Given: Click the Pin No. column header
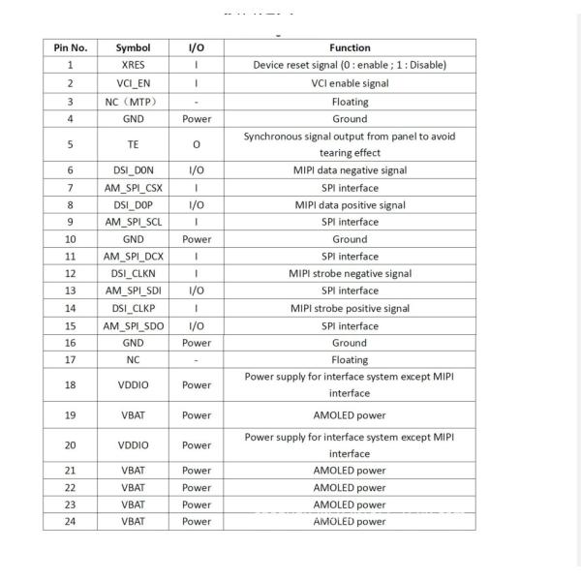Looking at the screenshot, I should (x=70, y=47).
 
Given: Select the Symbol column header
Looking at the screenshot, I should (x=133, y=47).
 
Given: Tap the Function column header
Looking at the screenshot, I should (x=349, y=47).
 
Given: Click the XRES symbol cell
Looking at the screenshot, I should (x=133, y=65).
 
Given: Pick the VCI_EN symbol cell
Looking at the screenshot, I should (x=133, y=83).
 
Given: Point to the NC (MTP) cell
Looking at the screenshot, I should (x=133, y=102).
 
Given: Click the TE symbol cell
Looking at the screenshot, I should (x=133, y=144).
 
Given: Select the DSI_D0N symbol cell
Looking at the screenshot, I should (x=133, y=170).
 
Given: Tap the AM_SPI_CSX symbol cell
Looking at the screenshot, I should (x=133, y=188).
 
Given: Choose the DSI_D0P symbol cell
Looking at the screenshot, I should (x=133, y=205).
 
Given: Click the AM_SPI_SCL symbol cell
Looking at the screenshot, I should (x=133, y=222).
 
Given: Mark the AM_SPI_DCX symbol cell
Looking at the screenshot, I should (x=133, y=257).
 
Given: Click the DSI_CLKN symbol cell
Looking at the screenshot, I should (x=133, y=273).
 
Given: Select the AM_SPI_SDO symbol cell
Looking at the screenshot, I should (x=133, y=325).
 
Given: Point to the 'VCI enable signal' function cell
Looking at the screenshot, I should (x=349, y=83).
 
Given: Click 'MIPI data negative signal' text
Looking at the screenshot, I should (x=349, y=170).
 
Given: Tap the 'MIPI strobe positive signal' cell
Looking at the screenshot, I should (x=349, y=308).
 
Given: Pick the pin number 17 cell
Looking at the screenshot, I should (x=70, y=359).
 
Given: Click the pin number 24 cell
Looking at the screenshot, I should (x=70, y=521).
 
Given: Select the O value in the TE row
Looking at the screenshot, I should (x=196, y=144).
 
